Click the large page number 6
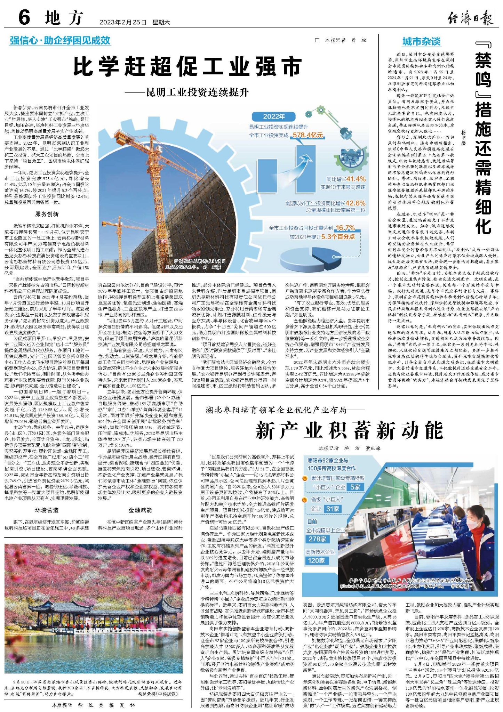point(24,17)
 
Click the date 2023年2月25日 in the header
point(123,22)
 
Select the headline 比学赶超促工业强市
point(187,67)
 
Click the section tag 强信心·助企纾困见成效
point(60,41)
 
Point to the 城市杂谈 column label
point(421,42)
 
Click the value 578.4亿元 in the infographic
point(308,135)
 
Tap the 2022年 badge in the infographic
point(274,116)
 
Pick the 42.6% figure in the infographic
point(355,203)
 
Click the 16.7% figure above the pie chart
point(345,228)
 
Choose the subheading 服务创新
point(47,214)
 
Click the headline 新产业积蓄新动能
point(349,430)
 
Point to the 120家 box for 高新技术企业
point(316,560)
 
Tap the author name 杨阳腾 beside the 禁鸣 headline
point(463,138)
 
